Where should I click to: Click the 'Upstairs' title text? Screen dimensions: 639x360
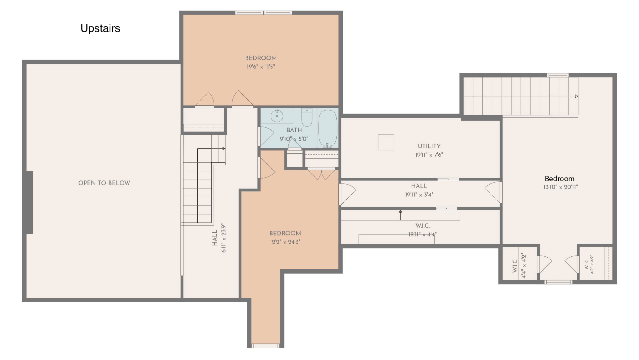[x=100, y=28]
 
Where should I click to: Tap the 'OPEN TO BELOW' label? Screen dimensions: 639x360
[x=104, y=183]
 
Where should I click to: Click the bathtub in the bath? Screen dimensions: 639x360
[x=328, y=128]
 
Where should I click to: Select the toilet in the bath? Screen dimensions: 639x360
[x=307, y=117]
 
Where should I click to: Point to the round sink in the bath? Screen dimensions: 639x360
[x=277, y=116]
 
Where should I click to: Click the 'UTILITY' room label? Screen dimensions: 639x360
[x=429, y=146]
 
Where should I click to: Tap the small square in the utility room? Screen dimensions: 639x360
[x=386, y=142]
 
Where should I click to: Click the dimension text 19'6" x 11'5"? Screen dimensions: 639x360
[x=261, y=67]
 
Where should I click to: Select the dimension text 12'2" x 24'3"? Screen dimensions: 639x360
[x=285, y=242]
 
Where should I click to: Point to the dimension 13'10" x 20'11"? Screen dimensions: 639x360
[x=560, y=187]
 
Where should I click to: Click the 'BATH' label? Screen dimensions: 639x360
[x=294, y=130]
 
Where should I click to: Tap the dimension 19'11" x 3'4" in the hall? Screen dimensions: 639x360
[x=419, y=195]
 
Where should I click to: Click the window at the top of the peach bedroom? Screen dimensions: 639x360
[x=264, y=13]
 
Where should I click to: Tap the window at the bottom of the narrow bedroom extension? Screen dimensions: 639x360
[x=266, y=346]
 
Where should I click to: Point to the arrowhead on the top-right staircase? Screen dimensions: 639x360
[x=577, y=96]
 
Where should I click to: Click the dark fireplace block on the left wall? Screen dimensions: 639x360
[x=30, y=202]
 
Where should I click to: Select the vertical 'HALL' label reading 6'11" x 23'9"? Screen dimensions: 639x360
[x=219, y=238]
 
